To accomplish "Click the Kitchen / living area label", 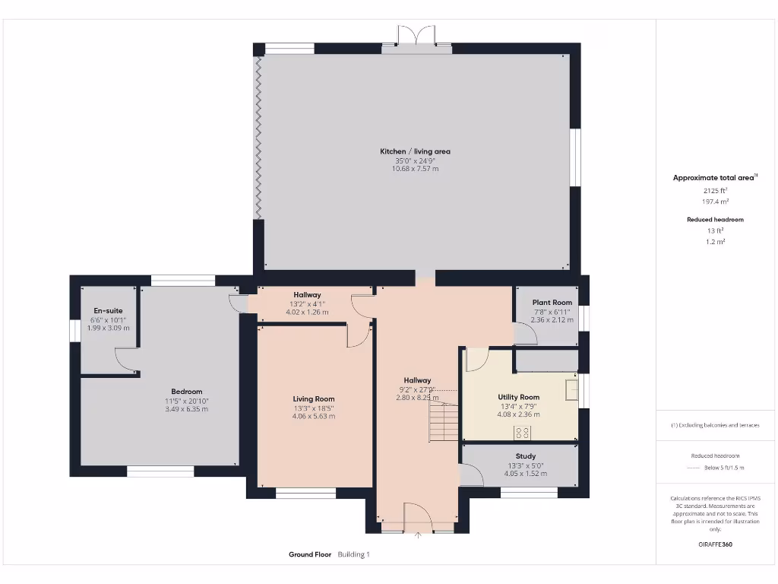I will (415, 151).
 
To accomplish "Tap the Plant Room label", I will (552, 303).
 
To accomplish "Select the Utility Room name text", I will (519, 397).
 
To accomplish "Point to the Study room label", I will (526, 456).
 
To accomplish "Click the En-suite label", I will (108, 310).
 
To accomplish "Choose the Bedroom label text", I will (186, 392).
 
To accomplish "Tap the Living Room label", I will (314, 398).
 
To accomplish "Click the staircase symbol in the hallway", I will (442, 419).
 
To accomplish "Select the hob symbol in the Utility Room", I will (523, 432).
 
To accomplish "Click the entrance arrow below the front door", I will (418, 535).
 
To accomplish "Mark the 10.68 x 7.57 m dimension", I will (415, 169).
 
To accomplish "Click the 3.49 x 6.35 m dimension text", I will (186, 409).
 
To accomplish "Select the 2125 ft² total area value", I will (714, 190).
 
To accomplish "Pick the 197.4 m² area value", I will (714, 202).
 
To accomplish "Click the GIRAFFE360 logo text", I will (714, 544).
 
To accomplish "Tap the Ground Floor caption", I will (310, 554).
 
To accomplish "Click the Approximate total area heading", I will (713, 178).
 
